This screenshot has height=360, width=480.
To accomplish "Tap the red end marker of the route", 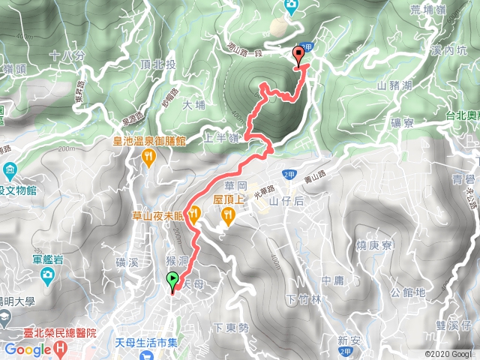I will click(298, 54).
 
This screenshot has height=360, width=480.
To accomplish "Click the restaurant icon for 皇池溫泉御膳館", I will click(148, 157).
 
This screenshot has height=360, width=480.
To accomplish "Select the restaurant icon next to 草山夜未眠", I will click(194, 213).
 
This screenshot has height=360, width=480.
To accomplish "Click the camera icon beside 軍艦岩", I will click(47, 278).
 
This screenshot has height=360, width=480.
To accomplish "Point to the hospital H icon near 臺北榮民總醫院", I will click(59, 349).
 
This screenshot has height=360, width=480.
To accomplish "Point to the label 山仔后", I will click(285, 201).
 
